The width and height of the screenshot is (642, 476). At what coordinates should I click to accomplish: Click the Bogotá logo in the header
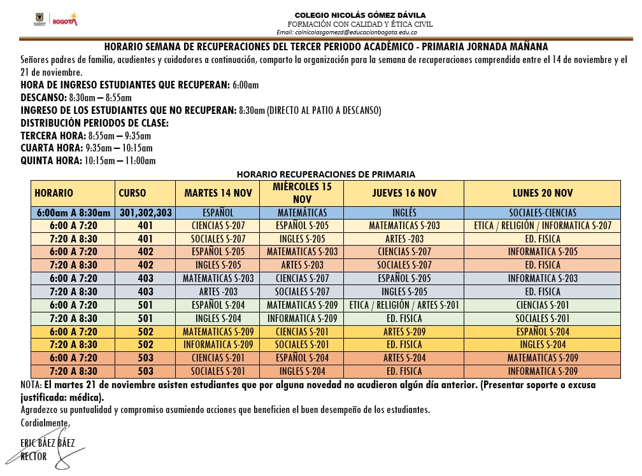tap(64, 20)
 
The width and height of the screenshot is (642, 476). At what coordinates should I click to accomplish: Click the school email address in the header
tap(347, 32)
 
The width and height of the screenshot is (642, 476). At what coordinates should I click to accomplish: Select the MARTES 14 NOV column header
tap(217, 193)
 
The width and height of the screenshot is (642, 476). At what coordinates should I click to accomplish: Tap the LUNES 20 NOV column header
tap(543, 193)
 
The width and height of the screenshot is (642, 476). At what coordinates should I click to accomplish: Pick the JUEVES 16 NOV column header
tap(404, 193)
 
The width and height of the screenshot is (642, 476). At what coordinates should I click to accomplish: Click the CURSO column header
tap(132, 193)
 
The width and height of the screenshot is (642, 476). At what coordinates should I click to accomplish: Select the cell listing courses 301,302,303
tap(145, 213)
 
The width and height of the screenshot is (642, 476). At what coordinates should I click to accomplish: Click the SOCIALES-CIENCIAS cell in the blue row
tap(543, 213)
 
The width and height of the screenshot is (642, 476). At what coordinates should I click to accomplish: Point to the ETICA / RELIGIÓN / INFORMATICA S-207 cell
tap(543, 225)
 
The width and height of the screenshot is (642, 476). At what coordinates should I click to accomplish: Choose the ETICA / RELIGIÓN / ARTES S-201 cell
tap(404, 305)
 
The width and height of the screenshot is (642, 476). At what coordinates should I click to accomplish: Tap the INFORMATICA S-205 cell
tap(543, 251)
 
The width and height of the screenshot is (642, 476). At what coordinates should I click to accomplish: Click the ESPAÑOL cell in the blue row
tap(217, 213)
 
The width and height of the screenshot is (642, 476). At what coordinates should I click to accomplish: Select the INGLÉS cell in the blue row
tap(404, 213)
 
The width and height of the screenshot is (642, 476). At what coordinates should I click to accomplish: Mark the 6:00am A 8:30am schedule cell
tap(73, 213)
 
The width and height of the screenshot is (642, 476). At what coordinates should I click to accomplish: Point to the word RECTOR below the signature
tap(33, 456)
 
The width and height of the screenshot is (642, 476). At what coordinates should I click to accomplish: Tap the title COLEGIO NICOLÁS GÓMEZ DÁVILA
tap(360, 15)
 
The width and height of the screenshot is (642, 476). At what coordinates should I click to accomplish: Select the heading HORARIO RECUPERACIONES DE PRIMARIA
tap(325, 174)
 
